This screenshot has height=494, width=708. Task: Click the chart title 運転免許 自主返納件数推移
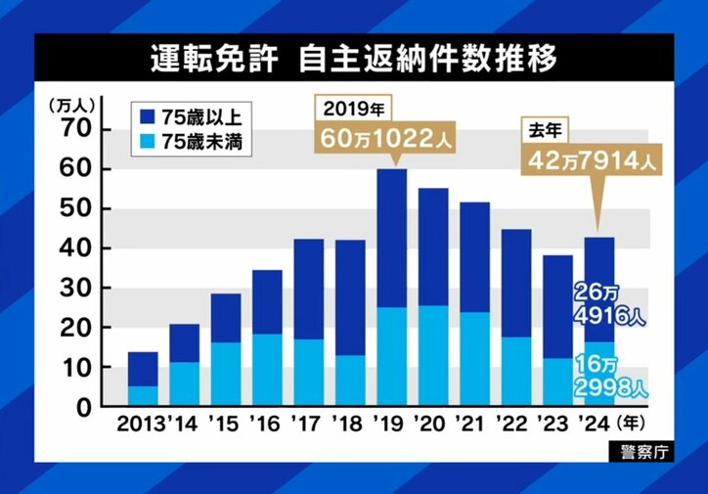coord(354,59)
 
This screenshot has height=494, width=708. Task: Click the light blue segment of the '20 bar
coord(433,356)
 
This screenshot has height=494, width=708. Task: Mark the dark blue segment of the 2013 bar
coord(143,369)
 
